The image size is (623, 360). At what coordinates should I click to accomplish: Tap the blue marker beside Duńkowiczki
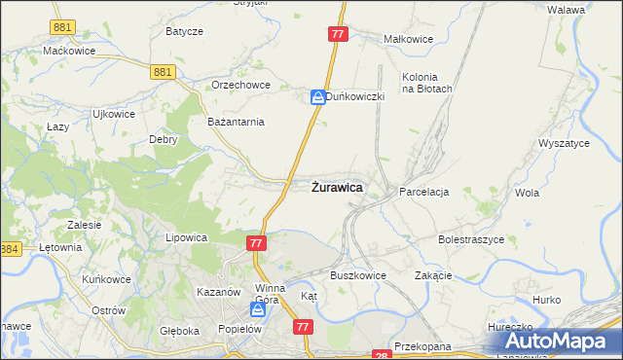(317, 97)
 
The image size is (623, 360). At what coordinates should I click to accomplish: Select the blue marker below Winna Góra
(258, 309)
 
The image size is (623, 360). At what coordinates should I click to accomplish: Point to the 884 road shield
(10, 249)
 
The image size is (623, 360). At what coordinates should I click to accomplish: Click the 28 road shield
(382, 356)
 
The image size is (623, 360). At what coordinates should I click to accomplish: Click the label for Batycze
(184, 31)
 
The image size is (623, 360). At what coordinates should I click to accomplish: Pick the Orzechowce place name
(239, 85)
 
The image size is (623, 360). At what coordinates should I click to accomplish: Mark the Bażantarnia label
(237, 122)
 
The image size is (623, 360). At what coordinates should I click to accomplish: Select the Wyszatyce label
(563, 143)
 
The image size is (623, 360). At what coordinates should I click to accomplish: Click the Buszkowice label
(357, 275)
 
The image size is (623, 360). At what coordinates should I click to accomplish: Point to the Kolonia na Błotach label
(426, 83)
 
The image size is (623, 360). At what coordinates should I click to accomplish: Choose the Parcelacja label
(423, 193)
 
